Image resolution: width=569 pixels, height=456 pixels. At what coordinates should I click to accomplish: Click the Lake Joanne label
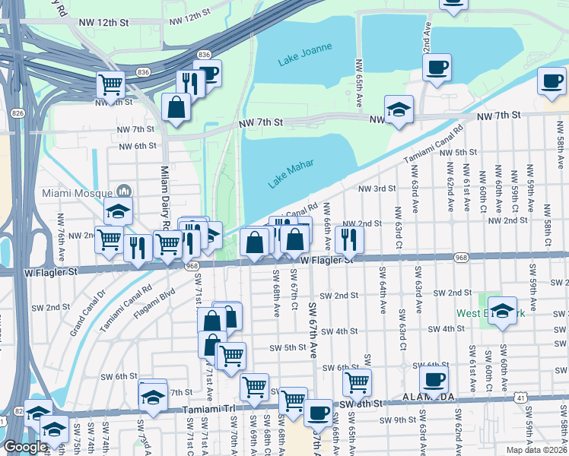305,52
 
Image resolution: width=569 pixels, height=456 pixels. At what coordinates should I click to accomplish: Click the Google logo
24,447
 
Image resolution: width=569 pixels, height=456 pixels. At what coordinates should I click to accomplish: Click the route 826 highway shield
17,112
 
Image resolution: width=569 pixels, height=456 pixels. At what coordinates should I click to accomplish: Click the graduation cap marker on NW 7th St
399,110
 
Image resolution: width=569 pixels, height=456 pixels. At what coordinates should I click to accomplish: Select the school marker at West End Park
501,312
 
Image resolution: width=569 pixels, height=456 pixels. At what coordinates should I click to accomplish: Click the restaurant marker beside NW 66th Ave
349,241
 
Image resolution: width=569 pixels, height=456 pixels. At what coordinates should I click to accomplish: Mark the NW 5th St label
458,153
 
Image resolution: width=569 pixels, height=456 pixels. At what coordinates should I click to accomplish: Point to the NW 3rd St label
378,188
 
